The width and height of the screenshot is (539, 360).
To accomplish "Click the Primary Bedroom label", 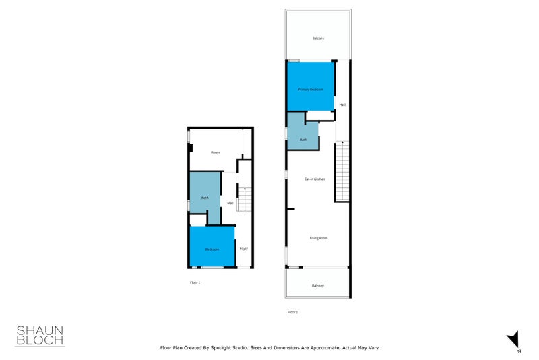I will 311,90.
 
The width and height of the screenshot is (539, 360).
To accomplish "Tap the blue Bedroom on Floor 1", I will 212,246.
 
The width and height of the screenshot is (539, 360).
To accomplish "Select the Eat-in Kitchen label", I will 315,179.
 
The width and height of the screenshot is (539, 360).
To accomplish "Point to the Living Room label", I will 318,238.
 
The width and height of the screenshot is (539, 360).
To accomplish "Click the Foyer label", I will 244,249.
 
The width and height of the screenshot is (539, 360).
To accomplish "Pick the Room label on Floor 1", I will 215,152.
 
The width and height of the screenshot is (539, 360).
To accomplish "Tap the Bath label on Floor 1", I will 205,198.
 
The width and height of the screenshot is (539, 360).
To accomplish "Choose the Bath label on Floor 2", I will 303,140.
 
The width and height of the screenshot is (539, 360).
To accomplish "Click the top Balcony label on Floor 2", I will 318,38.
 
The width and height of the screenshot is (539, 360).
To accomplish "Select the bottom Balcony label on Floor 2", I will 318,286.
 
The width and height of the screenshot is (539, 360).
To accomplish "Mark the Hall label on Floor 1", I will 230,203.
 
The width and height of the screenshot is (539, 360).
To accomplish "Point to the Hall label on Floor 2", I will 342,104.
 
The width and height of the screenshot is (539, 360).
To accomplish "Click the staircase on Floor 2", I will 343,172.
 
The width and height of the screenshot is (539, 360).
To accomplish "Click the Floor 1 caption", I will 195,282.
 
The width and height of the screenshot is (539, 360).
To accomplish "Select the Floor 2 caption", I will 292,312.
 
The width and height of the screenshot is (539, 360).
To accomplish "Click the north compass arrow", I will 513,338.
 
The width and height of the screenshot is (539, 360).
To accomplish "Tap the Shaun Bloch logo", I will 40,335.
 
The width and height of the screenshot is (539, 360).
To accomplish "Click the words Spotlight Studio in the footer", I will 238,348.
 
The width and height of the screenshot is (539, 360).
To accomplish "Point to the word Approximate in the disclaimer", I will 321,348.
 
